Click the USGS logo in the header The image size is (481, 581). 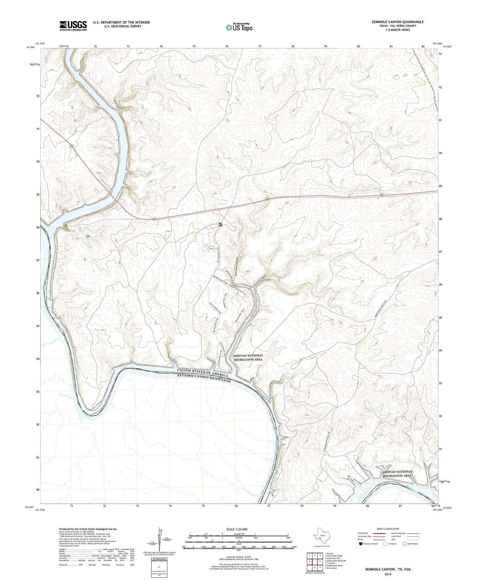click(x=73, y=25)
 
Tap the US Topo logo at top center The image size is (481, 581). click(x=239, y=27)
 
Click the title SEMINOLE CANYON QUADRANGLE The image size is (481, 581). click(x=397, y=22)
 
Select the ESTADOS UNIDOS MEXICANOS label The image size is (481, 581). click(x=204, y=378)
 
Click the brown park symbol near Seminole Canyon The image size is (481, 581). click(x=220, y=225)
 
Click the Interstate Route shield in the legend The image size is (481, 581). click(x=361, y=544)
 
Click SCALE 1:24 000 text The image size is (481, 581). click(x=237, y=529)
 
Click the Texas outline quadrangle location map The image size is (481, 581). click(x=321, y=536)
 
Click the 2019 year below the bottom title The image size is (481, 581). click(x=388, y=574)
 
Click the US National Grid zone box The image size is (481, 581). click(x=159, y=566)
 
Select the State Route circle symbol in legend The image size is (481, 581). click(x=405, y=544)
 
